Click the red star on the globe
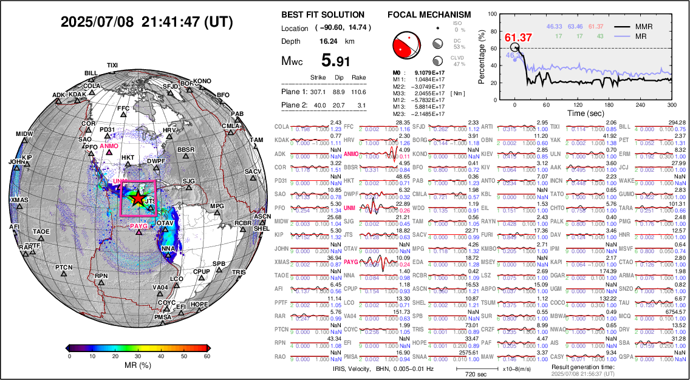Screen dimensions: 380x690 [x=138, y=198]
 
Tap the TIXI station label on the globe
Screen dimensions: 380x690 [x=112, y=65]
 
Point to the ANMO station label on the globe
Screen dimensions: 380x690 [x=109, y=146]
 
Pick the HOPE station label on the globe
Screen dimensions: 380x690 [x=199, y=304]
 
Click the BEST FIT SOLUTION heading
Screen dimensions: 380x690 [x=323, y=15]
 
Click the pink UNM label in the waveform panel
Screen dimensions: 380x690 [x=349, y=208]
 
